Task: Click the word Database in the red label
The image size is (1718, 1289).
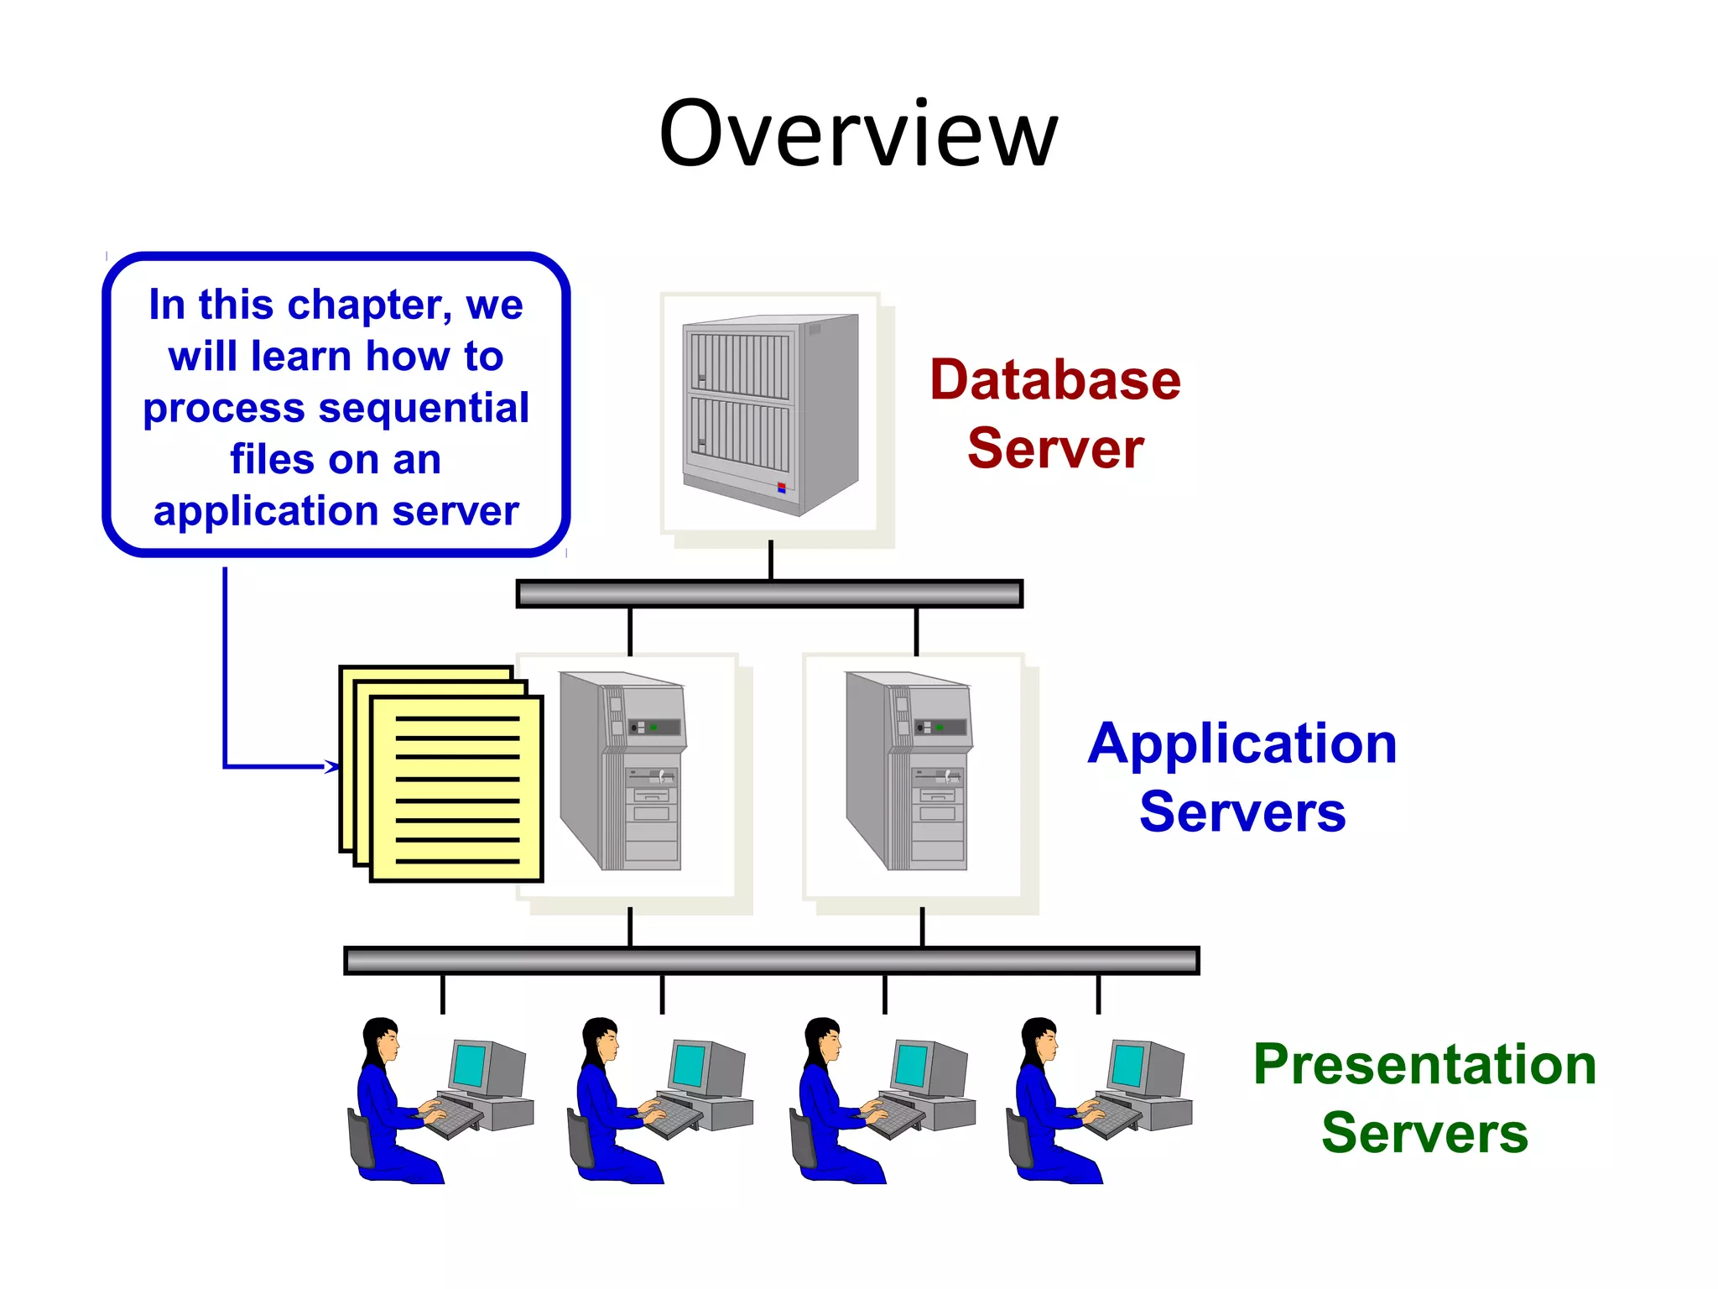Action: (x=1054, y=379)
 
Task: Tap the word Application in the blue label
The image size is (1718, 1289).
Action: (x=1242, y=744)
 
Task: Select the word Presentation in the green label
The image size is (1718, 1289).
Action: (x=1424, y=1064)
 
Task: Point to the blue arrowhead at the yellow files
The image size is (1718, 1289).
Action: (x=333, y=766)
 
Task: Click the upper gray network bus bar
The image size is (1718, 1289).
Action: (x=769, y=594)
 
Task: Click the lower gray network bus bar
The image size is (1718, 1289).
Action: (x=771, y=960)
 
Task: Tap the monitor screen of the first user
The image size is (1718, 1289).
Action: (x=468, y=1064)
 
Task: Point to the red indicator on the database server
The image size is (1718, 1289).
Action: (x=781, y=487)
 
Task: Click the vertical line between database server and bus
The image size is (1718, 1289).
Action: (x=770, y=560)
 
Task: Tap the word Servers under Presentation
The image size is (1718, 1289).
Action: (x=1424, y=1133)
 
